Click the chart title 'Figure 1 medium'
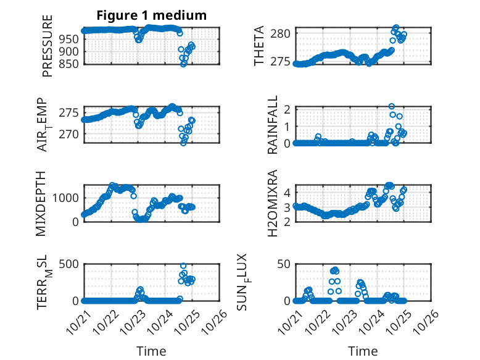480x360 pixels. [x=152, y=15]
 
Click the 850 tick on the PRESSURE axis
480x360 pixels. [x=70, y=64]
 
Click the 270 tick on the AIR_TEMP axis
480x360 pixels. [x=70, y=134]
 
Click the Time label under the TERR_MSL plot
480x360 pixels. [x=152, y=351]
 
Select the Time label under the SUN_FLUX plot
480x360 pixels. [x=363, y=351]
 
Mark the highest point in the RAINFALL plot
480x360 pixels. [x=392, y=107]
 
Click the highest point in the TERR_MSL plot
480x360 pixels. [x=183, y=266]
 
